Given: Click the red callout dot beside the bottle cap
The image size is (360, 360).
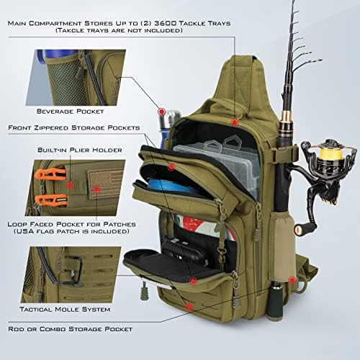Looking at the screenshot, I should [x=162, y=113].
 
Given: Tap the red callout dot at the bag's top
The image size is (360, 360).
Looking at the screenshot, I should [x=234, y=123].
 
